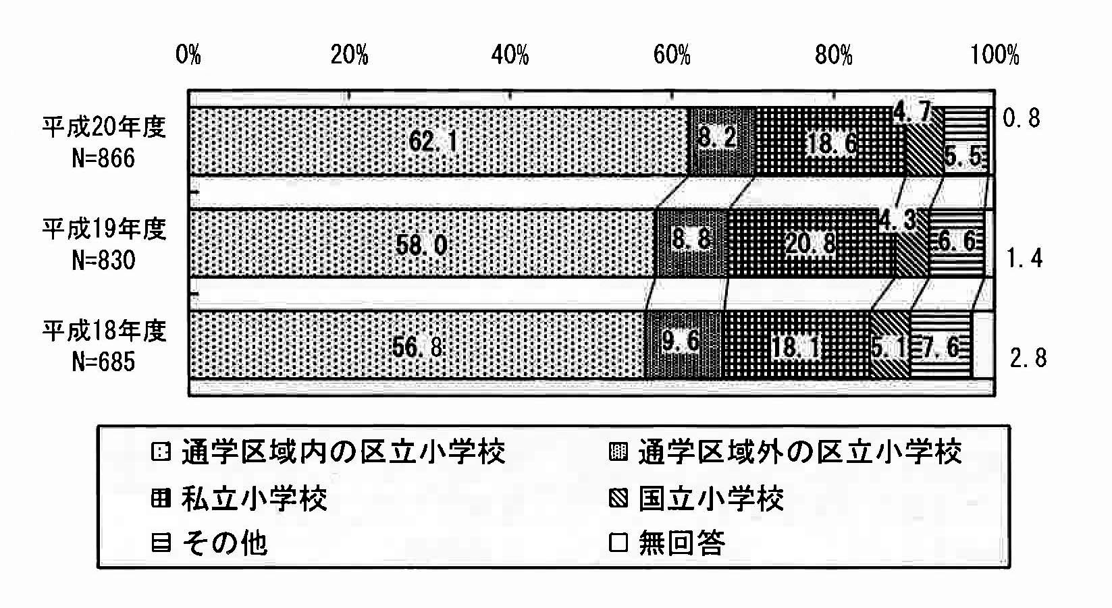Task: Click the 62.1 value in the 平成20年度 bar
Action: (x=433, y=142)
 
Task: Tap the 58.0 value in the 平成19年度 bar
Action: (x=421, y=245)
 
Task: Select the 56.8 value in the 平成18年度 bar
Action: (x=417, y=347)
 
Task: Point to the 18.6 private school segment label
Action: (x=832, y=144)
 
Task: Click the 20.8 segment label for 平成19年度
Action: (x=811, y=244)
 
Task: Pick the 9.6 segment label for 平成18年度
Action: (x=681, y=341)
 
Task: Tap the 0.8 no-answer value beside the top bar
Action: (x=1022, y=118)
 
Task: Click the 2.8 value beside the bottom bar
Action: (x=1028, y=358)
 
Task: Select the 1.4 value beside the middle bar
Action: (x=1024, y=258)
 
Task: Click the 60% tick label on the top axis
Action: (x=672, y=55)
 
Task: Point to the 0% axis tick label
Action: (x=188, y=55)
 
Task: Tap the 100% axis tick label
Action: (x=995, y=55)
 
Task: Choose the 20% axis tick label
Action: (x=350, y=55)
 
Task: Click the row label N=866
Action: (x=103, y=159)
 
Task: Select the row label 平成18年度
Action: (x=104, y=331)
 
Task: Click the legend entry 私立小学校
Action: (x=254, y=499)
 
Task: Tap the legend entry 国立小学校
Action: (x=711, y=499)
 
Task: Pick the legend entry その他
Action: (x=225, y=543)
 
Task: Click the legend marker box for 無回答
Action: (x=618, y=543)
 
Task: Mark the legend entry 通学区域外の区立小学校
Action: (x=800, y=452)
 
